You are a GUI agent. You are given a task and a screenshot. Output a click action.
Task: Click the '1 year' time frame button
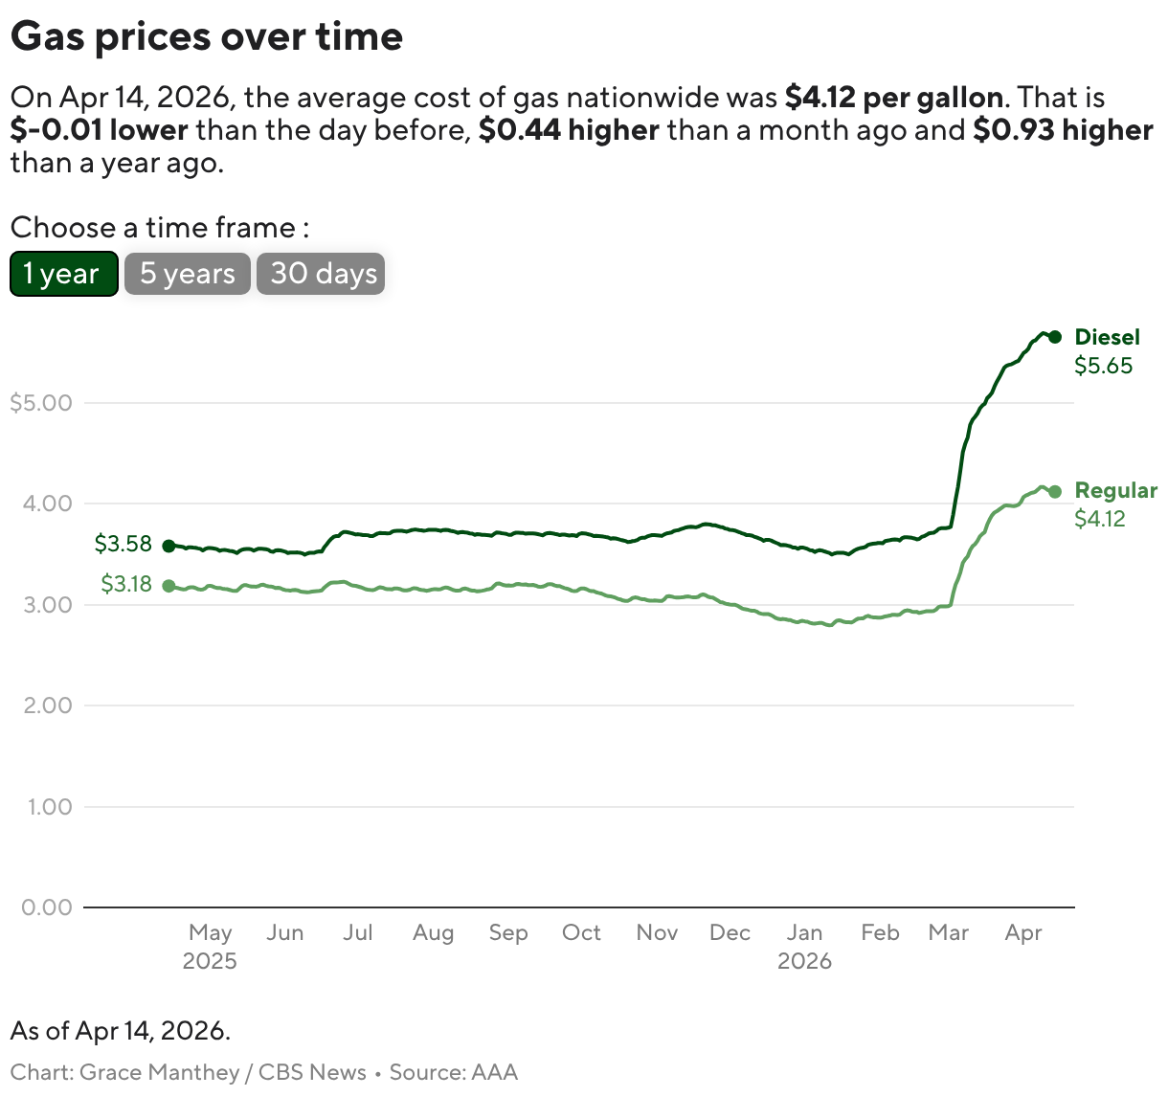(x=63, y=274)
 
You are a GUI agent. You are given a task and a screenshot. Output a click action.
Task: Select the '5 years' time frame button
(x=188, y=274)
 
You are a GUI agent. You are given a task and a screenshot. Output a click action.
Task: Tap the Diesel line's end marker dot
(x=1054, y=337)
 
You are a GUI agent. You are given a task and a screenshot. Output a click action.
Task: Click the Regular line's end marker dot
(x=1055, y=492)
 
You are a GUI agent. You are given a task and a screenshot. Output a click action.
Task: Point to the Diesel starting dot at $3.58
(x=168, y=546)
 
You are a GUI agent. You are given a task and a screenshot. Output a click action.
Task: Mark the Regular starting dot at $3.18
(x=168, y=586)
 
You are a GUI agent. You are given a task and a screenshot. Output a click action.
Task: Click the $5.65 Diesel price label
(x=1103, y=366)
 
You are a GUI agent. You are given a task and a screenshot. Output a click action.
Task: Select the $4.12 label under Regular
(x=1100, y=520)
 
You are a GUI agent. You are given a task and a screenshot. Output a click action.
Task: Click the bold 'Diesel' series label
(x=1108, y=337)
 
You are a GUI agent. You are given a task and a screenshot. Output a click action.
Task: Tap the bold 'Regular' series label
(x=1115, y=491)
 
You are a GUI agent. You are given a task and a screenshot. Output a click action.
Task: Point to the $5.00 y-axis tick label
(x=41, y=403)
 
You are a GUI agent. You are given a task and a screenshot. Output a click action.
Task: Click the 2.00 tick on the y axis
(x=47, y=705)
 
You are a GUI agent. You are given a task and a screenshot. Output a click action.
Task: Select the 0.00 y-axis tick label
(x=47, y=907)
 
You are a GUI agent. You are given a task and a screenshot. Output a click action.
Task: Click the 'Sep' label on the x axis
(x=508, y=932)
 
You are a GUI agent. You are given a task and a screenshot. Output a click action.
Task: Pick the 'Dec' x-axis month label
(x=730, y=932)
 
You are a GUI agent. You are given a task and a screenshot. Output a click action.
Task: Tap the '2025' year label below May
(x=210, y=961)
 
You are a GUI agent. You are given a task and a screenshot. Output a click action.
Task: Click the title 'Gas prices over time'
(x=207, y=36)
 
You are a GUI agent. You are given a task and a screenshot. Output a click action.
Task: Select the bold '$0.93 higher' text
(x=1063, y=130)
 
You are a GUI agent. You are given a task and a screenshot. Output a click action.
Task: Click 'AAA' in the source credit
(x=493, y=1072)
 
